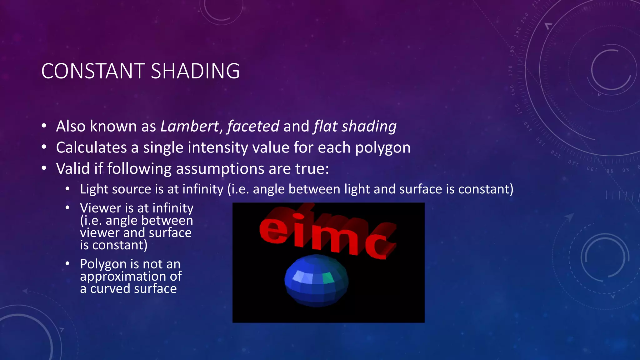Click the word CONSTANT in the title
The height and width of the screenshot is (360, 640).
(x=93, y=71)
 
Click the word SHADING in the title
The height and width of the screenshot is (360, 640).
(x=195, y=71)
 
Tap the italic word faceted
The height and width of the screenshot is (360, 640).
(x=253, y=127)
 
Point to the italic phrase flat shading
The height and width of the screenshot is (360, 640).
(x=355, y=127)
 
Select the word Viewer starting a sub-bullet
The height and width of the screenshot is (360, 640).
(x=100, y=208)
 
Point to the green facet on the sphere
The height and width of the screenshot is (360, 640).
(x=328, y=277)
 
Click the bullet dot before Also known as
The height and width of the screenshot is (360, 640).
(x=44, y=126)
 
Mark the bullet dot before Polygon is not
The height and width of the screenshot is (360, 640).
(x=67, y=264)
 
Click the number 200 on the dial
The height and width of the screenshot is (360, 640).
(x=524, y=18)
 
